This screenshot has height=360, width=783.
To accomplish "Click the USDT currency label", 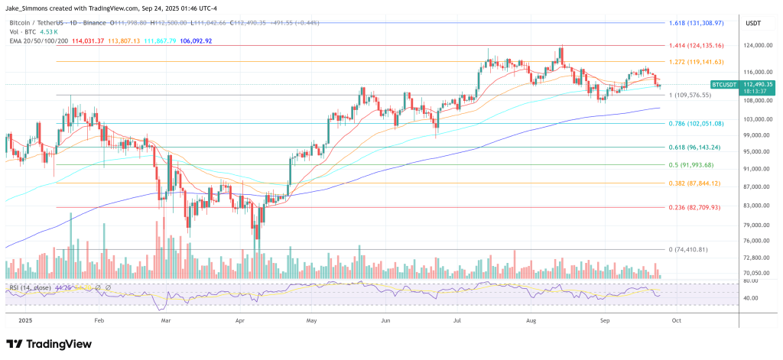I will (x=752, y=24).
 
